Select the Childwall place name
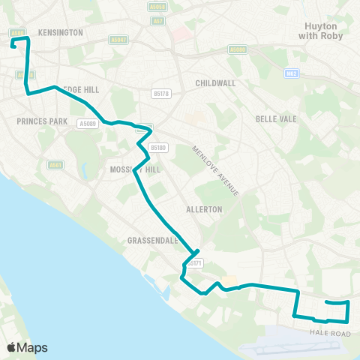pos(215,82)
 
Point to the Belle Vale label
pos(277,119)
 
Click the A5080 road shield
pos(237,49)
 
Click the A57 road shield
pos(157,21)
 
